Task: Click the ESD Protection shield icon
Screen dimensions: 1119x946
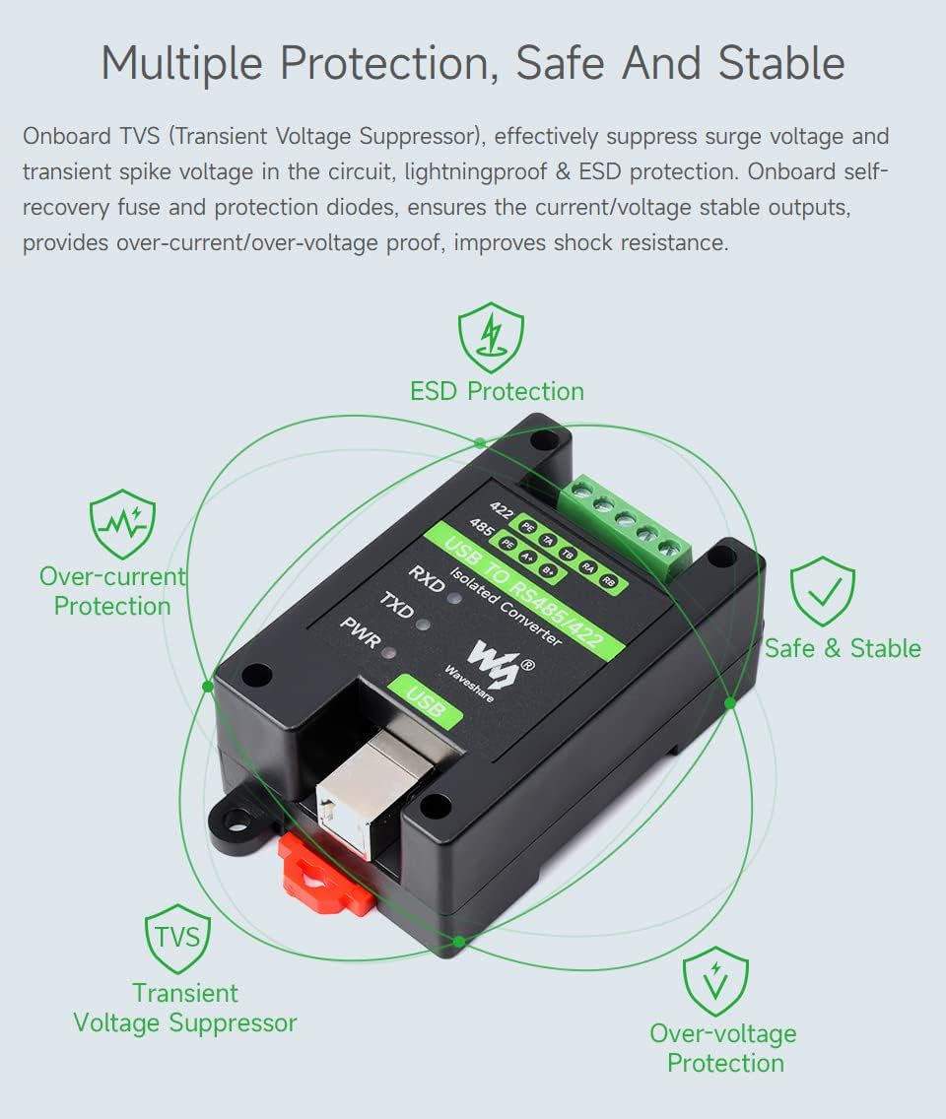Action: pos(491,337)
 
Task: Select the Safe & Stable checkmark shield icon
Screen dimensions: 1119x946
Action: pos(823,591)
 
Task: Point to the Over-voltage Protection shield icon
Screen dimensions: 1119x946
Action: pos(716,981)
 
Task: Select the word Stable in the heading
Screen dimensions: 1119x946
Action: pos(781,63)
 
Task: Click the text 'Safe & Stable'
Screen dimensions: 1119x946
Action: pos(843,648)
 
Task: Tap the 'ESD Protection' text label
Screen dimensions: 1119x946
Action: pos(497,391)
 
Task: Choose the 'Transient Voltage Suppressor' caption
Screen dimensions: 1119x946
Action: pos(185,1008)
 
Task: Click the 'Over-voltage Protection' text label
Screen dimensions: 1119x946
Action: pos(723,1048)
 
